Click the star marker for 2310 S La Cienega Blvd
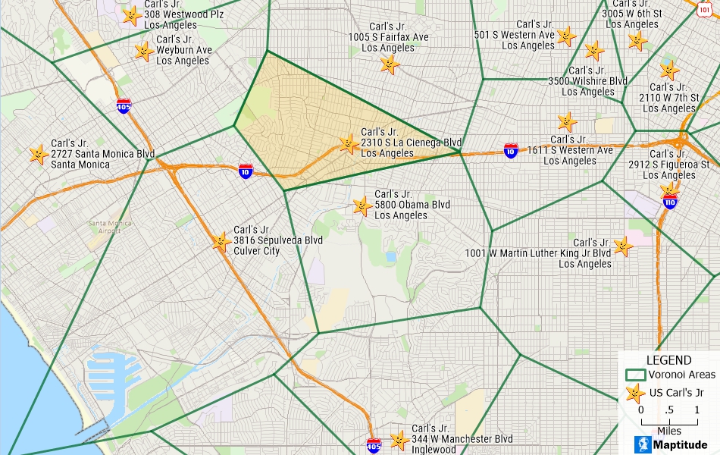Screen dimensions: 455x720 349,143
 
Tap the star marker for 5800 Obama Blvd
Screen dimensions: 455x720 362,206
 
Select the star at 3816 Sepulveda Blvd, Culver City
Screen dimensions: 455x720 221,242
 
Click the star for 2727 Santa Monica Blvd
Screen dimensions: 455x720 38,155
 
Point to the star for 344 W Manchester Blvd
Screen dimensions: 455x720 399,440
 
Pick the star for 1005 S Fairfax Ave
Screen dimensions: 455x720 389,64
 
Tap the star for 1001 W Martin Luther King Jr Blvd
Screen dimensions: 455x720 622,246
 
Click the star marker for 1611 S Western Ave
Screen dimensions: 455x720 566,121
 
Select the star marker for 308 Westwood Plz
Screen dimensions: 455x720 131,15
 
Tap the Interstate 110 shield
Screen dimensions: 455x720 669,202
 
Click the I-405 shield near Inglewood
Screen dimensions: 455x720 374,444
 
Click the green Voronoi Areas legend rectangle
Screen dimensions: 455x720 634,375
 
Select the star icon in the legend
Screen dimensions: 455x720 636,394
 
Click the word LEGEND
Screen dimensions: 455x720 668,360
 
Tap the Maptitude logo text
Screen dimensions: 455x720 679,445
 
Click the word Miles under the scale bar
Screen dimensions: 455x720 668,431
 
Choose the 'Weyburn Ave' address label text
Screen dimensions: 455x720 184,50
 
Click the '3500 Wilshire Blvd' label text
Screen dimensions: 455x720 587,81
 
